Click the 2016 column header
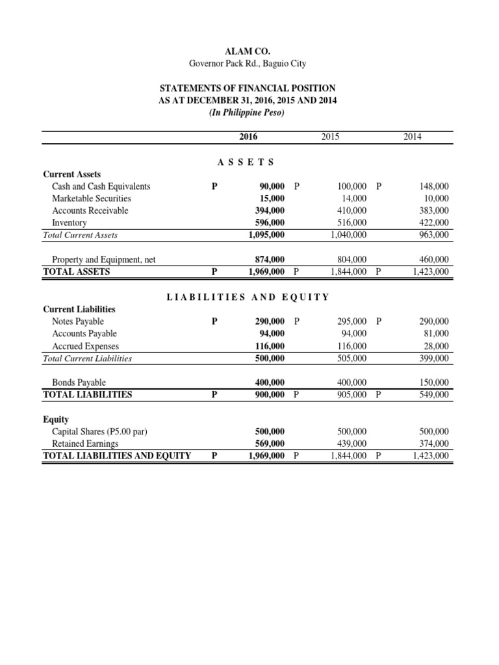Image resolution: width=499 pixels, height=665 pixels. click(249, 136)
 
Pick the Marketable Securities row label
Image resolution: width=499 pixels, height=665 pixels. click(91, 198)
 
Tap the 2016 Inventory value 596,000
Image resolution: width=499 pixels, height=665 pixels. click(268, 223)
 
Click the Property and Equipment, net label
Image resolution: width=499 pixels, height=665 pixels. click(103, 260)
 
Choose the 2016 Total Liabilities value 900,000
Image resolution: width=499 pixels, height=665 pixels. click(268, 394)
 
